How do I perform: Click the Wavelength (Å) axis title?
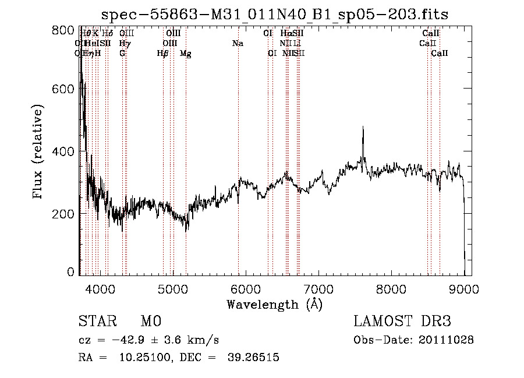[x=274, y=304]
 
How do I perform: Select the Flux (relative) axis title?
[x=39, y=153]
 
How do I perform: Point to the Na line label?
[x=238, y=43]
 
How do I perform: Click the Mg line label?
[x=186, y=53]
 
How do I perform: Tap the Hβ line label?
[x=163, y=53]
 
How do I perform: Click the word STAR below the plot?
[x=97, y=322]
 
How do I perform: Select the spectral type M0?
[x=150, y=322]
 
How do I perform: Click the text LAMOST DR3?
[x=402, y=322]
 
